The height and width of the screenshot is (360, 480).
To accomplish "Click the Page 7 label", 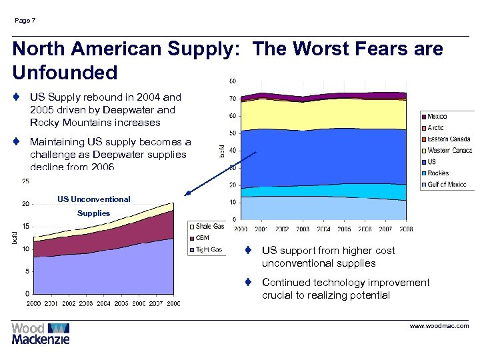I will tap(25, 21).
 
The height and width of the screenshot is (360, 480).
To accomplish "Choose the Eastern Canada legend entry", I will tap(448, 139).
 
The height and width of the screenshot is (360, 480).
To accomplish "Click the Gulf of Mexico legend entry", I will tap(446, 184).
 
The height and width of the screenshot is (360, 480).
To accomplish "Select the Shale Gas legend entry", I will tap(209, 227).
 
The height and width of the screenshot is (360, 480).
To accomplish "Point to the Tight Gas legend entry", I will tap(208, 249).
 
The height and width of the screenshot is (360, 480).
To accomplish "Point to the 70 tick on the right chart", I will tap(231, 99).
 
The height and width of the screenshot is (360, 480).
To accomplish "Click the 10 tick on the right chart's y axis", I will tap(231, 202).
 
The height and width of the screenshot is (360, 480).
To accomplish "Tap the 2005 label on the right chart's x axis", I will tap(344, 229).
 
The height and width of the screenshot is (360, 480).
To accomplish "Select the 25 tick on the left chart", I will tap(25, 181).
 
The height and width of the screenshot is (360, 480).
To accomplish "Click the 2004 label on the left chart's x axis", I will tap(103, 303).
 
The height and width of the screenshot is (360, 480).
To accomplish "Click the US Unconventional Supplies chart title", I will tap(93, 206).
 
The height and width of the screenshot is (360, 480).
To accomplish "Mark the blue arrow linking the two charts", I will tap(220, 173).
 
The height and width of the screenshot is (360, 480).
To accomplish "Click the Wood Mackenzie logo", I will tap(40, 333).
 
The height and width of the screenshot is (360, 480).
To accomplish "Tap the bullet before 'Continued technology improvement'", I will tap(247, 283).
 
